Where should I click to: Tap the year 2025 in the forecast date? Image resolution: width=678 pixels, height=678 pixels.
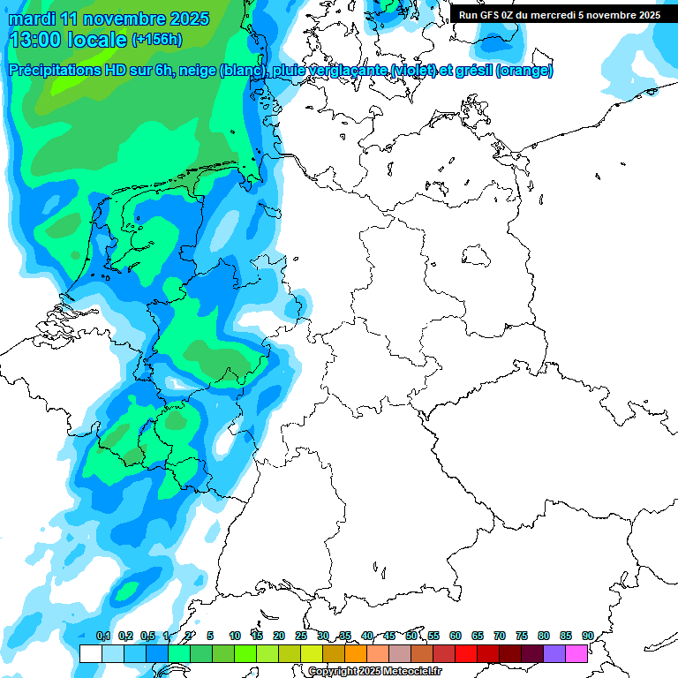188,19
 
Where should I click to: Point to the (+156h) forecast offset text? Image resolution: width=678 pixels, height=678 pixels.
157,40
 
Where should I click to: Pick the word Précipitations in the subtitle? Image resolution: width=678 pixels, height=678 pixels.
66,71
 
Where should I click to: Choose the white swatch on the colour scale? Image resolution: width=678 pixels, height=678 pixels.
90,653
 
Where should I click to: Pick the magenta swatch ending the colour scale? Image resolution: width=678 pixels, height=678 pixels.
576,653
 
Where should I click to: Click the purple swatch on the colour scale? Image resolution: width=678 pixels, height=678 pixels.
554,653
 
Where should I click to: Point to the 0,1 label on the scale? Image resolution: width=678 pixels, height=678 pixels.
103,637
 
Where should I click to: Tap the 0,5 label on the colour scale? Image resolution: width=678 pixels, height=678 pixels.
147,637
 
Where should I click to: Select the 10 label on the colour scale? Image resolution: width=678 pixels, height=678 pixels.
234,637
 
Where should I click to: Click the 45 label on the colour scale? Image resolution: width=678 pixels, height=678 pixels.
389,637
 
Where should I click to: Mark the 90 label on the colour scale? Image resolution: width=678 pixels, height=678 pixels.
587,637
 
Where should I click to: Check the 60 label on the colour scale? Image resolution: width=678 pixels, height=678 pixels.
456,637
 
